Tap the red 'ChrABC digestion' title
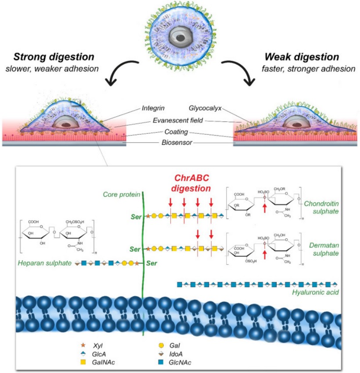click(188, 183)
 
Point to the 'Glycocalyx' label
click(202, 108)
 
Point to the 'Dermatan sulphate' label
click(323, 249)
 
